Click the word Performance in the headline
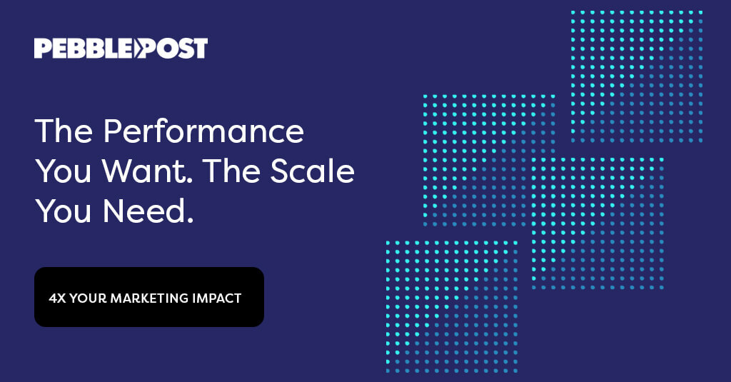(x=203, y=132)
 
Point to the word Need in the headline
(x=143, y=212)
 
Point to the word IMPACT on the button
(x=216, y=298)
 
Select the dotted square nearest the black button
(x=451, y=306)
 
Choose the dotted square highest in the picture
(x=637, y=76)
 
